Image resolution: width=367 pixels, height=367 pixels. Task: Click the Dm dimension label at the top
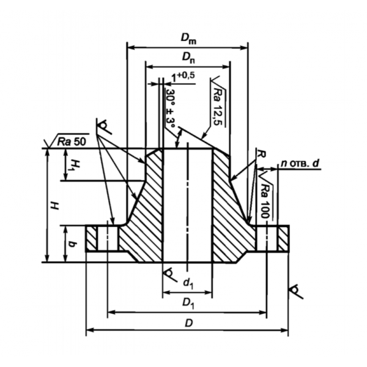(x=188, y=39)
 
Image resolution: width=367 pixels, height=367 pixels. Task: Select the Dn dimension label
(x=188, y=58)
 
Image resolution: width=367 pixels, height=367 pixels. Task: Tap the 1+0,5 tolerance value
(x=183, y=77)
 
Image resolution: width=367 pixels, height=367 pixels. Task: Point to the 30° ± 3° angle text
(x=171, y=108)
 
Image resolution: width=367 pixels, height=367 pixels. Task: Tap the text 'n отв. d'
(x=300, y=163)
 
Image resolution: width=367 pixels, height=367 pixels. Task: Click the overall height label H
(x=55, y=206)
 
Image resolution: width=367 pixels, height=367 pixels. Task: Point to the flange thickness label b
(x=72, y=244)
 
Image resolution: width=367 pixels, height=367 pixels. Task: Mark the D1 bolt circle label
(x=188, y=303)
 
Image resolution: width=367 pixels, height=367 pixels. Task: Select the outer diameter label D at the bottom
(x=188, y=324)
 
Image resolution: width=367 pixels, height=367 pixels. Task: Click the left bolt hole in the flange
(x=107, y=239)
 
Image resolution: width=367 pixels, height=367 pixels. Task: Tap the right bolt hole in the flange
(x=267, y=239)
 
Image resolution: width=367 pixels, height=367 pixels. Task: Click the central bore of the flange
(x=188, y=205)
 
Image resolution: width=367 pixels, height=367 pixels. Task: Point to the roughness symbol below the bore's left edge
(x=169, y=274)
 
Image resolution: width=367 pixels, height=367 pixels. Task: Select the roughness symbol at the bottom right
(x=296, y=291)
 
